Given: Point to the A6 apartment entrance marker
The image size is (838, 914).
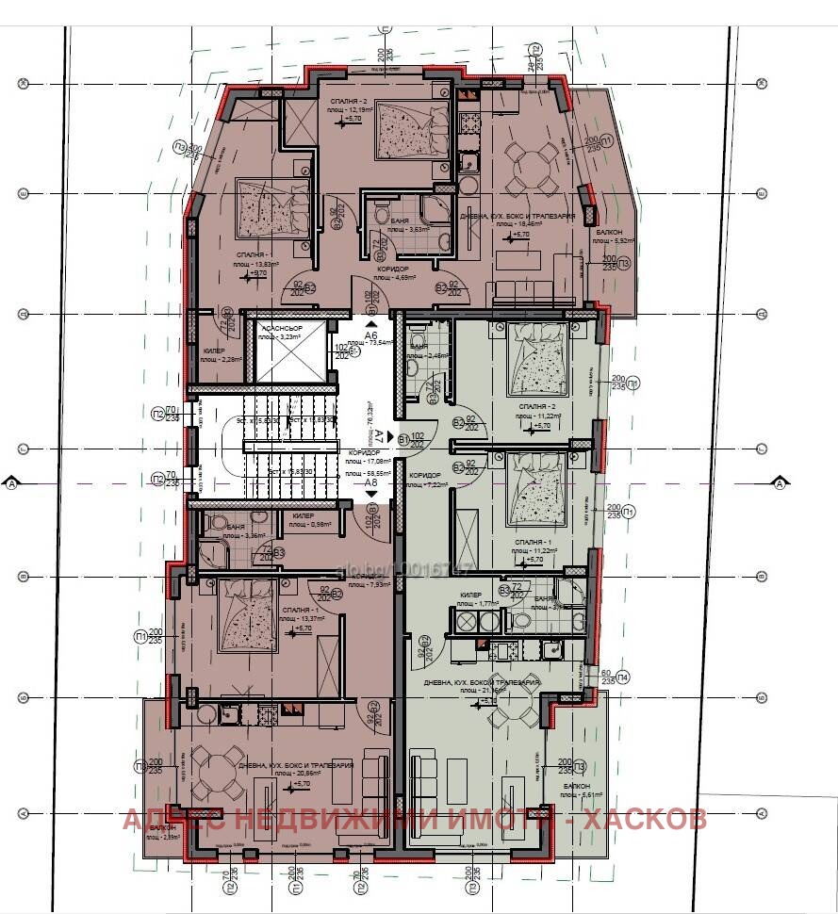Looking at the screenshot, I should coord(371,335).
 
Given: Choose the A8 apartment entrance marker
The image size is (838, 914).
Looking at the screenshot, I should coord(371,484).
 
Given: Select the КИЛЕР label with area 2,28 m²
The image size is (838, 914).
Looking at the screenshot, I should coord(214,351).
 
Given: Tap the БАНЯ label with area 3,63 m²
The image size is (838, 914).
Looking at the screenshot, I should coord(386,220).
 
